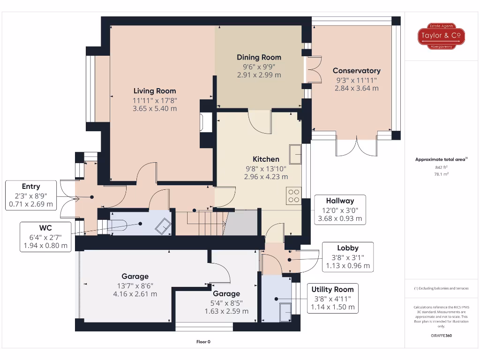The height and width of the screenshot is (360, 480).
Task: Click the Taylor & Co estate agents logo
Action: click(x=441, y=36)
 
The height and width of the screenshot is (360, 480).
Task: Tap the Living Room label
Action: click(x=155, y=91)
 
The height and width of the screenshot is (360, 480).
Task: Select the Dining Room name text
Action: click(x=259, y=58)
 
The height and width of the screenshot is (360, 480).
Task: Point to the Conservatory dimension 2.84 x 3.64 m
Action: click(x=356, y=88)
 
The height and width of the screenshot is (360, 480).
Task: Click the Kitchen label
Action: click(x=266, y=159)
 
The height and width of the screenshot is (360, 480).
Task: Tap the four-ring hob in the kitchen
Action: click(x=294, y=195)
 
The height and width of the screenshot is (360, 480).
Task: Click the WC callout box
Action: click(x=46, y=237)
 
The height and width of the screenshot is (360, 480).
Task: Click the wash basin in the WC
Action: click(x=163, y=226)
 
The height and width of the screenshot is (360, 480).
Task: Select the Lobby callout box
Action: click(x=348, y=257)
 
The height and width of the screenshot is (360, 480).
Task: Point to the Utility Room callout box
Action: click(x=333, y=298)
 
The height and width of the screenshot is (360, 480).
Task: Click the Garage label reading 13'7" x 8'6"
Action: click(x=135, y=285)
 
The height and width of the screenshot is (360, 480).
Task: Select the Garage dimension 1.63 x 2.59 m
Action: click(x=226, y=311)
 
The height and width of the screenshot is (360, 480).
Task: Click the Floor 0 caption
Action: click(x=203, y=342)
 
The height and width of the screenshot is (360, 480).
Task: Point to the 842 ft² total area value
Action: click(x=441, y=166)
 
